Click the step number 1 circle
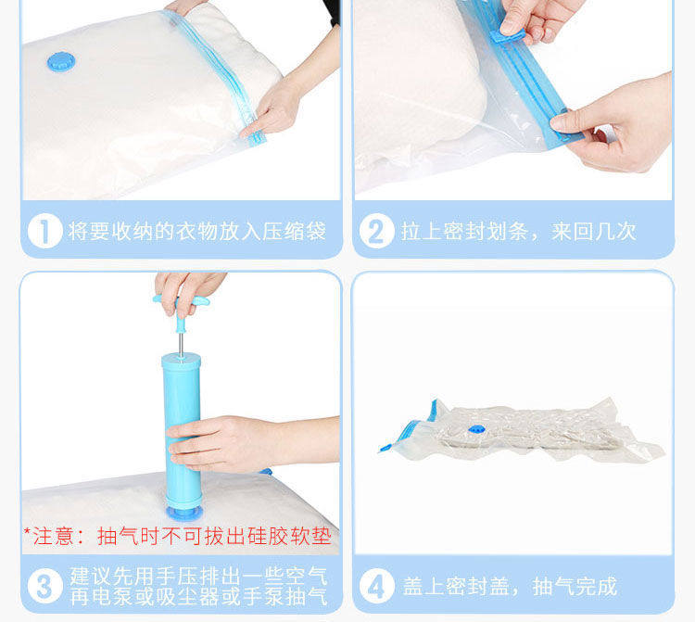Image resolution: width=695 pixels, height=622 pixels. pyautogui.click(x=44, y=231)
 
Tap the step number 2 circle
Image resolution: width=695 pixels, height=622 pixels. pyautogui.click(x=377, y=231)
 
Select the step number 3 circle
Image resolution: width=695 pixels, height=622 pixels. pyautogui.click(x=44, y=586)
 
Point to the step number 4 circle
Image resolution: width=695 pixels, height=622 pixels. pyautogui.click(x=377, y=586)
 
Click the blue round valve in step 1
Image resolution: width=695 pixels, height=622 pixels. pyautogui.click(x=61, y=62)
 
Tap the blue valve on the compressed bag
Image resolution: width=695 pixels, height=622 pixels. pyautogui.click(x=475, y=429)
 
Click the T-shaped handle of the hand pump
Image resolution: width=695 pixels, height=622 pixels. pyautogui.click(x=182, y=311)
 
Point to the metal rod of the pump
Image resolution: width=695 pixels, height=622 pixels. pyautogui.click(x=181, y=344)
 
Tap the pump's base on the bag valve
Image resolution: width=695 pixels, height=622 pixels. pyautogui.click(x=184, y=513)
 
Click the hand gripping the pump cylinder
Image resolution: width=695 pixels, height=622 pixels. pyautogui.click(x=248, y=443)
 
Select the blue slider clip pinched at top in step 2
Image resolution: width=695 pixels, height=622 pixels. pyautogui.click(x=508, y=34)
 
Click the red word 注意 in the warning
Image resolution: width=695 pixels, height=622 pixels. pyautogui.click(x=53, y=536)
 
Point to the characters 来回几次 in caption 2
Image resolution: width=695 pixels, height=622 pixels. pyautogui.click(x=594, y=231)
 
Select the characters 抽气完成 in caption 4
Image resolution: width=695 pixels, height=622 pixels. pyautogui.click(x=575, y=586)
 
